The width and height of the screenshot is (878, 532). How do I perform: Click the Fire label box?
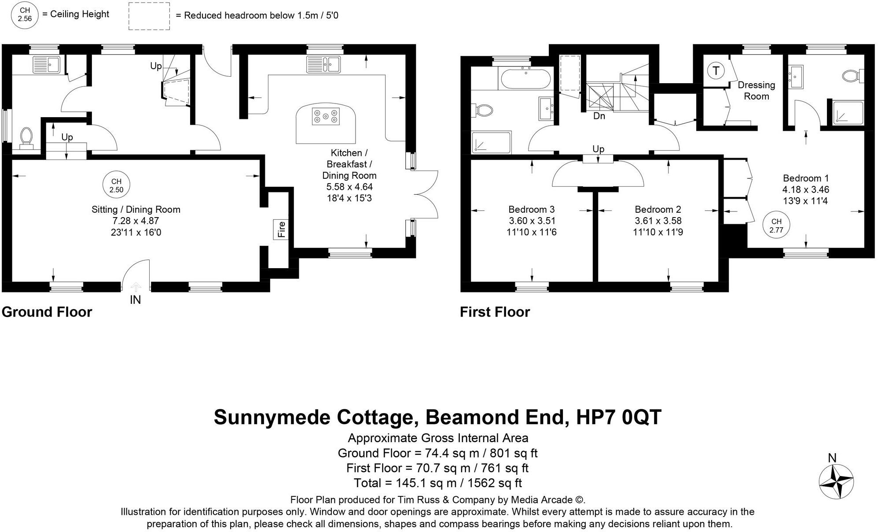point(281,229)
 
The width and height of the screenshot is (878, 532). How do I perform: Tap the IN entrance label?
point(135,300)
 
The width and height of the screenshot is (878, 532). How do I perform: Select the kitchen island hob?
point(326,116)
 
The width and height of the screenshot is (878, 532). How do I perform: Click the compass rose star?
point(836,482)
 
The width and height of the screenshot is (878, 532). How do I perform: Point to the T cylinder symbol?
point(716,70)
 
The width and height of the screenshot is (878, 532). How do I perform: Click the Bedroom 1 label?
point(805,178)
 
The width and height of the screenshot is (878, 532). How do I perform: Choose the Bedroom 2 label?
point(658,210)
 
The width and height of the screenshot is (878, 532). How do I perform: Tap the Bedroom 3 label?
point(531,210)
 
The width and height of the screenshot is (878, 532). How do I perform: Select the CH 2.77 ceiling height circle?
point(776,225)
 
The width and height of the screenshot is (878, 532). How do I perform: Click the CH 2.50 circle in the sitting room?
point(116,185)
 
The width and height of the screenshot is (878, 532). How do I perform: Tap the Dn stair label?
point(599,116)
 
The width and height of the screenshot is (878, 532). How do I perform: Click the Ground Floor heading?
point(47,312)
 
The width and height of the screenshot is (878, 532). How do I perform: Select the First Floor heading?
point(495,312)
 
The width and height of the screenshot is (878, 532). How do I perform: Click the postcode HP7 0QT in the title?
point(618,417)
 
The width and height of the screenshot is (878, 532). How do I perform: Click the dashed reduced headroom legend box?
point(149,16)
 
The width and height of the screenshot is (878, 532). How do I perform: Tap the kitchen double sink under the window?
point(323,65)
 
